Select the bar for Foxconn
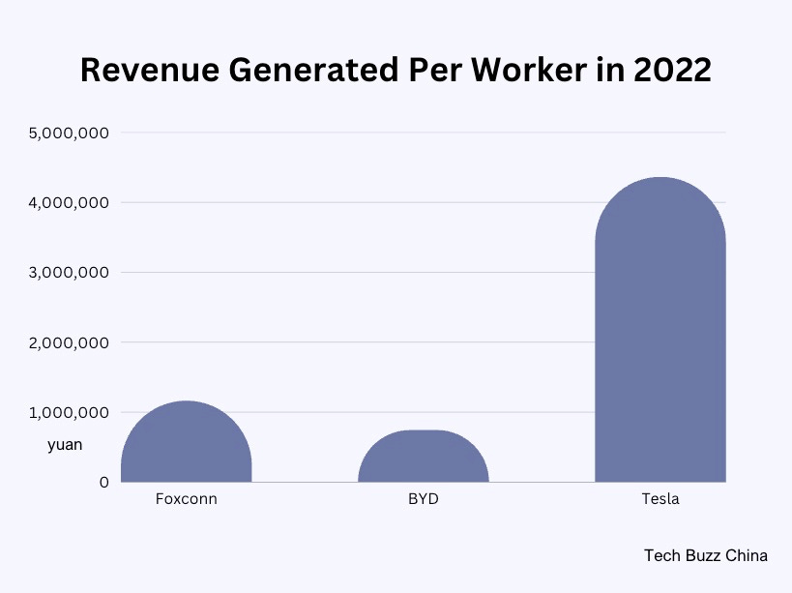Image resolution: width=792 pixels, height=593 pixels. [x=186, y=446]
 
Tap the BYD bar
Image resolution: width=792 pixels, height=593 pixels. [x=423, y=459]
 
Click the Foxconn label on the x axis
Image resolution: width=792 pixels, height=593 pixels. [x=186, y=500]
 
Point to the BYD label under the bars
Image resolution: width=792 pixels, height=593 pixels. [x=423, y=500]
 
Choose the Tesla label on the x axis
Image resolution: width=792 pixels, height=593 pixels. [x=660, y=500]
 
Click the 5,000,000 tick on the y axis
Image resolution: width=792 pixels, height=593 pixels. [x=69, y=133]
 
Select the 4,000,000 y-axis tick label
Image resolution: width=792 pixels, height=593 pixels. [x=69, y=202]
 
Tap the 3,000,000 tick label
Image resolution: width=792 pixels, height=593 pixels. [x=69, y=273]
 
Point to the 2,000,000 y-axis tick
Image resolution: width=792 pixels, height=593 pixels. [x=69, y=342]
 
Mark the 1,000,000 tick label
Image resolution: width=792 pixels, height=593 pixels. [x=69, y=412]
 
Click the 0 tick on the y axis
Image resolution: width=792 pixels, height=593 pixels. [x=103, y=482]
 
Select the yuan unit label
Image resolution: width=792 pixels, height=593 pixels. [x=65, y=445]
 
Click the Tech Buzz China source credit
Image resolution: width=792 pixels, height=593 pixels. [x=705, y=555]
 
